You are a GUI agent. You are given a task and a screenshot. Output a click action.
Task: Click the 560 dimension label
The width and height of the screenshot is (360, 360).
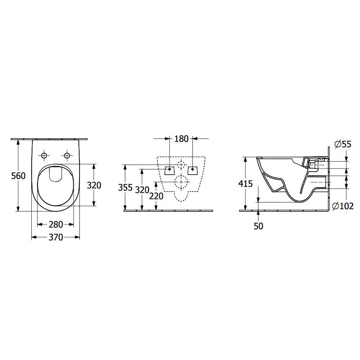(x=18, y=176)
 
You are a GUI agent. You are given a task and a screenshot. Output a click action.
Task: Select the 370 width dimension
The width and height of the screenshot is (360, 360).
(x=56, y=237)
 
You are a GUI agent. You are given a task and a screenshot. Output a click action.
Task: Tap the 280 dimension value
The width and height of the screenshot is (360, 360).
(x=56, y=225)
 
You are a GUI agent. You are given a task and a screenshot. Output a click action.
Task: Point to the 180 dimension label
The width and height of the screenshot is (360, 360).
(x=181, y=139)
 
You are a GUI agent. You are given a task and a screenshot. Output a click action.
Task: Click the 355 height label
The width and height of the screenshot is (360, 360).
(x=125, y=188)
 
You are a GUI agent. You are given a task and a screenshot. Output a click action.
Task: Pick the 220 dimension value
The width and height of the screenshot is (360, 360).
(x=156, y=196)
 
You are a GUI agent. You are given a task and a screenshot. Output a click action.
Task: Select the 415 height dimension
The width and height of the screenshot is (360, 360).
(x=246, y=184)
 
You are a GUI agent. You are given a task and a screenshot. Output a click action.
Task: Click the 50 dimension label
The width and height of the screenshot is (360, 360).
(x=258, y=226)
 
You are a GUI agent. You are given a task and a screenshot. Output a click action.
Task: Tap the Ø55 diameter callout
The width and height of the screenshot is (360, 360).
(x=343, y=144)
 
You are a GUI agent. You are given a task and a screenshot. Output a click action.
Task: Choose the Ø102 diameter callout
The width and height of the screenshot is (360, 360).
(x=343, y=206)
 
